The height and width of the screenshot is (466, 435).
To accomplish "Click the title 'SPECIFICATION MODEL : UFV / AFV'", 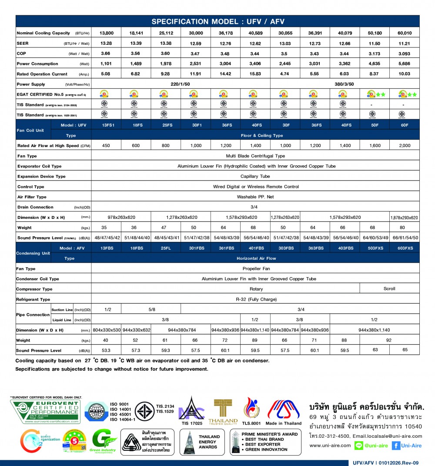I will pyautogui.click(x=217, y=22).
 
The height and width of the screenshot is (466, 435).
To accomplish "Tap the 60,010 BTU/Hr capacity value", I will pyautogui.click(x=404, y=33).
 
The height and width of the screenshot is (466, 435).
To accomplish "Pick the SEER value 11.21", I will pyautogui.click(x=404, y=44).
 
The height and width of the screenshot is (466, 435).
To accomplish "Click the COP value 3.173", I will pyautogui.click(x=374, y=54).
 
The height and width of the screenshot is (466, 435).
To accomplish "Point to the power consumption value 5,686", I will pyautogui.click(x=404, y=64).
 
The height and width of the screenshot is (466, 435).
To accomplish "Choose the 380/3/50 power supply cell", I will pyautogui.click(x=345, y=84).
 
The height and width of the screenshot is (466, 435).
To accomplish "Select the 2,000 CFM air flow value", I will pyautogui.click(x=404, y=146).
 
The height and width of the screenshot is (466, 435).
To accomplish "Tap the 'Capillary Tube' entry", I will pyautogui.click(x=255, y=177).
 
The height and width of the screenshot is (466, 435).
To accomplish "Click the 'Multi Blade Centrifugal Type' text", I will pyautogui.click(x=255, y=156).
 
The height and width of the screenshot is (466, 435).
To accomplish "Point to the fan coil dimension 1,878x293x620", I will pyautogui.click(x=404, y=218).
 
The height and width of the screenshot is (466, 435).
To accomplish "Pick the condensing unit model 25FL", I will pyautogui.click(x=166, y=248).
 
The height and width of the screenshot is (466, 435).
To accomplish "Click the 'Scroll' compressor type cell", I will pyautogui.click(x=389, y=288).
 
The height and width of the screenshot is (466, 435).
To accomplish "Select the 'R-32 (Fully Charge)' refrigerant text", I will pyautogui.click(x=255, y=299).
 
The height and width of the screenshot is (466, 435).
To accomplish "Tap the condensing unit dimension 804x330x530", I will pyautogui.click(x=107, y=330).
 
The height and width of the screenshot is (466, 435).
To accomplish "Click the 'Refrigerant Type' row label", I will pyautogui.click(x=33, y=299).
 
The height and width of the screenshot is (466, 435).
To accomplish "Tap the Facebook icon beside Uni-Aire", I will pyautogui.click(x=396, y=446).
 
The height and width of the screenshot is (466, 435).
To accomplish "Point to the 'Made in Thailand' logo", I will pyautogui.click(x=284, y=412).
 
